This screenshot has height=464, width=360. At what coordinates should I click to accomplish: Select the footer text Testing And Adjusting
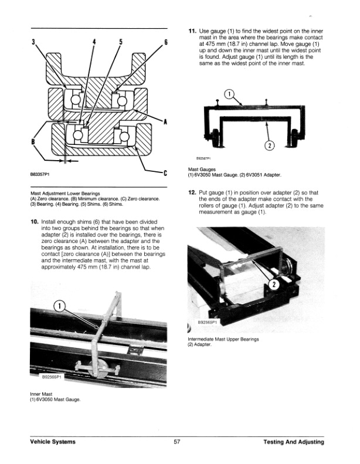293,442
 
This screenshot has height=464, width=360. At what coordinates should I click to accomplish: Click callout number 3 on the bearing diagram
33,42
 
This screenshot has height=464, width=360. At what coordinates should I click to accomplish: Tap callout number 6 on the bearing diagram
166,42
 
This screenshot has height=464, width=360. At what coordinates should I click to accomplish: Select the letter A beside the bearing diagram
165,122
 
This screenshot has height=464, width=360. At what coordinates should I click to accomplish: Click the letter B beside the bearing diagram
33,142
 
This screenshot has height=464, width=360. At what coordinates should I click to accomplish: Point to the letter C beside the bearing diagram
166,172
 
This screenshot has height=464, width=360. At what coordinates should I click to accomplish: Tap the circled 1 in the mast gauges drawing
230,94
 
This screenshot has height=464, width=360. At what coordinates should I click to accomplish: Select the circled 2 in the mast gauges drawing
269,145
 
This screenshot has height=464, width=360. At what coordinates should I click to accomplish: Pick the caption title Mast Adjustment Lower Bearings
64,193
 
